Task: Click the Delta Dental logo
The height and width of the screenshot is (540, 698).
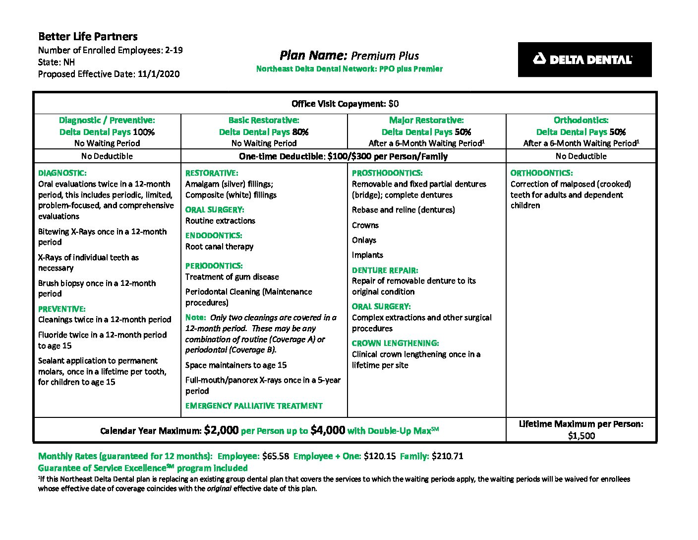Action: click(584, 60)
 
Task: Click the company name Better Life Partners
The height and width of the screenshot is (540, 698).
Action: click(88, 36)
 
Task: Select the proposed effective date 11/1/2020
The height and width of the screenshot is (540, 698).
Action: click(159, 74)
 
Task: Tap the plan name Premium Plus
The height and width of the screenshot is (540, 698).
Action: click(385, 56)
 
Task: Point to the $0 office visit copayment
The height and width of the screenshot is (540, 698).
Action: click(394, 104)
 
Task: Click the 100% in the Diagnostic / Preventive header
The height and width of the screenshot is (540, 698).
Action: click(144, 132)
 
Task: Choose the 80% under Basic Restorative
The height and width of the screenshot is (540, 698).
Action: click(300, 132)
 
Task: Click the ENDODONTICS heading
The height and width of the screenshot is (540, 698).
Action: click(214, 235)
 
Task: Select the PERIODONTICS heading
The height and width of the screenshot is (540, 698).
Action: click(214, 266)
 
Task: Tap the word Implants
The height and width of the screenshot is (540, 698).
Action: click(367, 255)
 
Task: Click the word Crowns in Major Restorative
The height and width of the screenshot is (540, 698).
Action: click(365, 225)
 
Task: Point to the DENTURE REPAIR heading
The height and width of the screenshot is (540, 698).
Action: click(385, 270)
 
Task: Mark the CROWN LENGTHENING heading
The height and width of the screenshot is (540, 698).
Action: click(395, 343)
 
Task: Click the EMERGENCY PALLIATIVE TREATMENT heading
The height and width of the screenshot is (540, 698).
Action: click(254, 405)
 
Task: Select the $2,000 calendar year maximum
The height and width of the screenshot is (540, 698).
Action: click(221, 430)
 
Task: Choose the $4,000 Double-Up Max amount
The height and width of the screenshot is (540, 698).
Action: click(328, 430)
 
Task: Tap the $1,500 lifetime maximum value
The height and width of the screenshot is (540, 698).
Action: click(582, 436)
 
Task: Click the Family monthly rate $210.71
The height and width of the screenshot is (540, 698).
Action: click(448, 456)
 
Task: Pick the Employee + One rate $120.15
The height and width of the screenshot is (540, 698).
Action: click(380, 456)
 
